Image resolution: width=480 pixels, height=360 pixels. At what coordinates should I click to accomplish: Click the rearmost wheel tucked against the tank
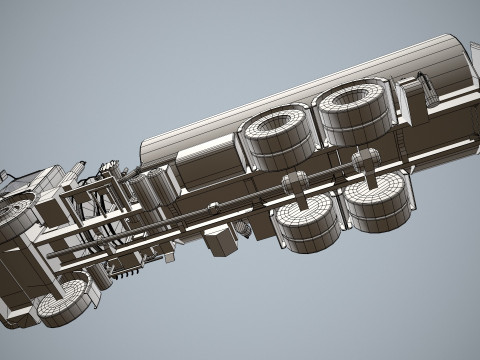(356, 110)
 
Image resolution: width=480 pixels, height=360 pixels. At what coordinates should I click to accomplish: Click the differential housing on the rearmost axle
(366, 159)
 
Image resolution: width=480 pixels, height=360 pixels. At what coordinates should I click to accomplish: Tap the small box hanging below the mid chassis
(219, 240)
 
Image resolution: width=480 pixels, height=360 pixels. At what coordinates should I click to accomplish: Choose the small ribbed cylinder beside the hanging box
(243, 228)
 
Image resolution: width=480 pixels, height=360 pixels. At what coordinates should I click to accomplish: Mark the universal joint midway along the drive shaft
(211, 209)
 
